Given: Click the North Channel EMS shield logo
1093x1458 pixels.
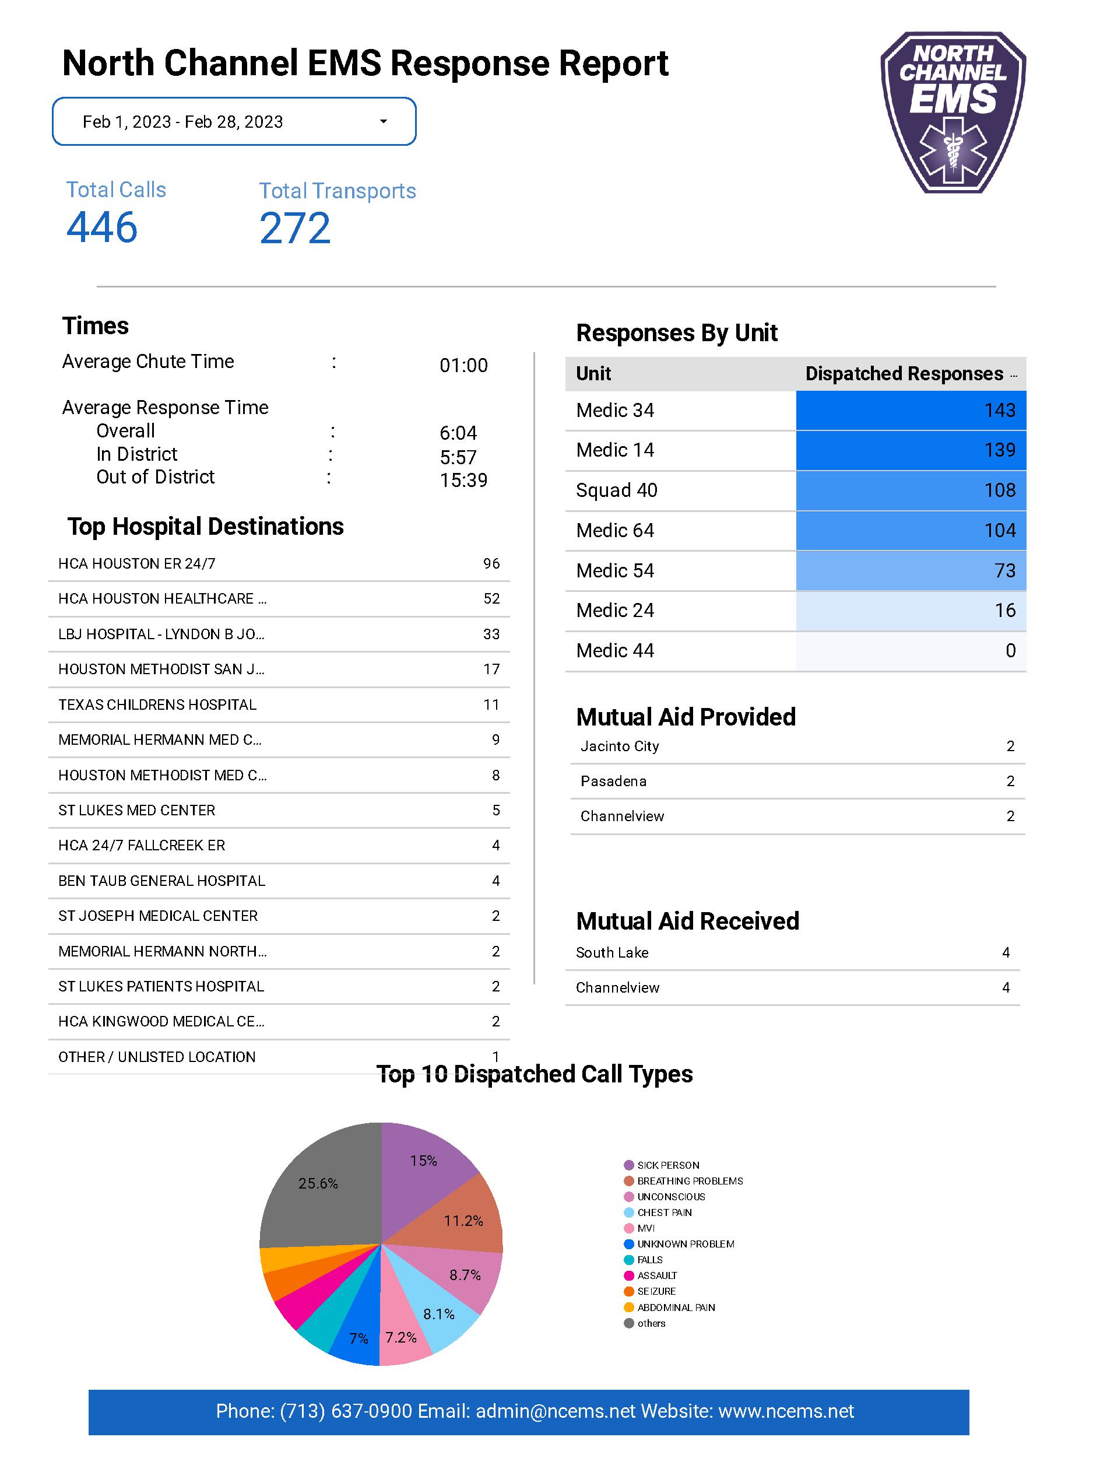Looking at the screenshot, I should click(x=953, y=112).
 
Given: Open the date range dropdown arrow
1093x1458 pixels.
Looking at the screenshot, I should click(x=384, y=122).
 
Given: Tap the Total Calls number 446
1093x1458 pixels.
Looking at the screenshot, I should click(x=102, y=227).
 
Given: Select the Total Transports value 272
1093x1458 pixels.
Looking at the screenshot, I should click(x=294, y=229).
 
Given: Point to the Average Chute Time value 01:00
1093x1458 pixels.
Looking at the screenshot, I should click(x=463, y=366).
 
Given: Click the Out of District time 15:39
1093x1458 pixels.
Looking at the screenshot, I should click(x=463, y=481).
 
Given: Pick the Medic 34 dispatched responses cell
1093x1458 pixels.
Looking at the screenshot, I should click(x=911, y=411).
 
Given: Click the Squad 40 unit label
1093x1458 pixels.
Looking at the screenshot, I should click(x=616, y=490).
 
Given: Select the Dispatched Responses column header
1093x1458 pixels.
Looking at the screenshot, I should click(x=904, y=374).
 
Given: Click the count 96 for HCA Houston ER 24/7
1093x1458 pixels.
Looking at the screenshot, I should click(x=491, y=564).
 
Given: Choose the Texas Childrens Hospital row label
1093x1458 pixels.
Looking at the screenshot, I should click(x=157, y=705).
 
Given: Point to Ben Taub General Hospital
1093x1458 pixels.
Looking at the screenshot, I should click(x=161, y=881).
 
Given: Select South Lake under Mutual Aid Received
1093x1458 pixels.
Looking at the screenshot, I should click(x=611, y=953).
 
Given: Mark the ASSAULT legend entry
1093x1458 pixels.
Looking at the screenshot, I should click(x=657, y=1276).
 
